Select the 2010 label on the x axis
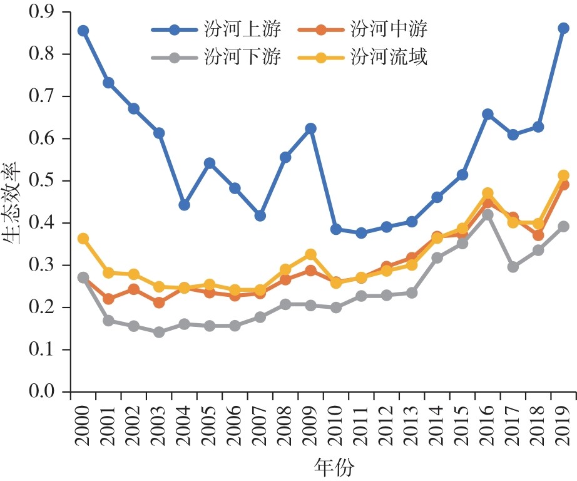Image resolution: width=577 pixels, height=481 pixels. pyautogui.click(x=336, y=425)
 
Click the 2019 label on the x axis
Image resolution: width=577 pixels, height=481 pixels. pyautogui.click(x=563, y=425)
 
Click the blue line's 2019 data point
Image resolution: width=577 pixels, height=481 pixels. pyautogui.click(x=563, y=28)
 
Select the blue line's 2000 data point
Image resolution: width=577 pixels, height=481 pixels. pyautogui.click(x=83, y=30)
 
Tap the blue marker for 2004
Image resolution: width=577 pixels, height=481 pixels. pyautogui.click(x=184, y=205)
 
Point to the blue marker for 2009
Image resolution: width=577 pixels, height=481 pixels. pyautogui.click(x=310, y=128)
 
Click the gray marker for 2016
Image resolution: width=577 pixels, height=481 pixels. pyautogui.click(x=488, y=215)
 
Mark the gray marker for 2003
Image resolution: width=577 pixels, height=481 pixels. pyautogui.click(x=159, y=332)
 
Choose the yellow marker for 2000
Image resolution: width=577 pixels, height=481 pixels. pyautogui.click(x=83, y=239)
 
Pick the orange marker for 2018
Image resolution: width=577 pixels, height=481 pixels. pyautogui.click(x=538, y=235)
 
